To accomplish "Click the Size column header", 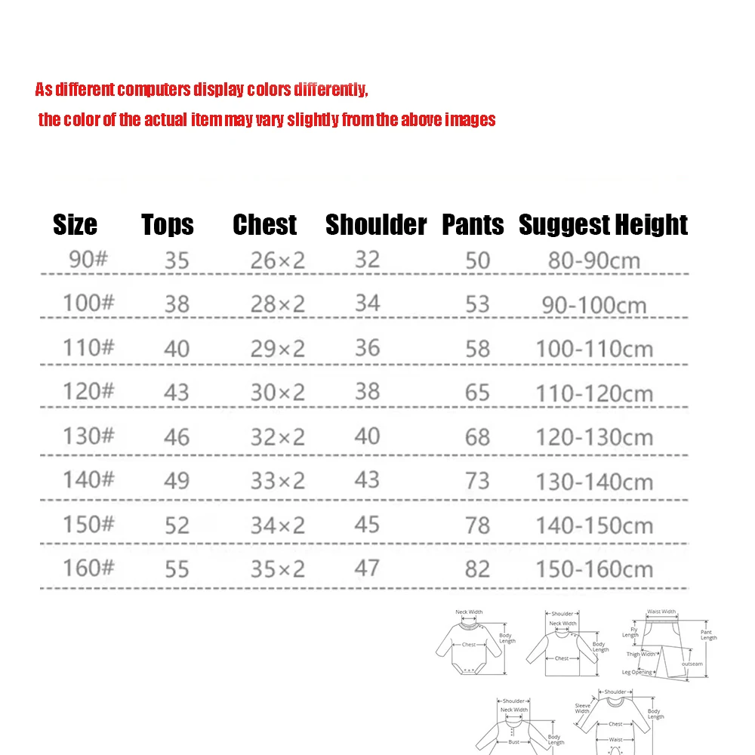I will tap(75, 225).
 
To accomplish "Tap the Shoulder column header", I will tap(376, 225).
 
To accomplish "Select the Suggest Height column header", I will tap(603, 225).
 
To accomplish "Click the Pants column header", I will tap(473, 225).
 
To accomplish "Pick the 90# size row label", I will tap(88, 260).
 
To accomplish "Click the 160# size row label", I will tap(88, 567).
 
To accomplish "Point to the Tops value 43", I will tap(177, 393).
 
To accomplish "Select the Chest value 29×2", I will tap(278, 348).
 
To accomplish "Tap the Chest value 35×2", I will tap(278, 569).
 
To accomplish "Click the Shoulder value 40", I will tap(367, 436).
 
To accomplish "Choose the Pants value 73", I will tap(477, 481).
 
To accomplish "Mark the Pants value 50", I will tap(477, 260).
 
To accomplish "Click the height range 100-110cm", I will tap(594, 350).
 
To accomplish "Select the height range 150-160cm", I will tap(594, 569).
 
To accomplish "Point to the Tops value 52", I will tap(177, 525).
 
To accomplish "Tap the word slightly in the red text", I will tap(313, 120).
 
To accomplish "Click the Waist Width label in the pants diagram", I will tap(661, 612).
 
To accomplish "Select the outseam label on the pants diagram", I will tap(692, 664).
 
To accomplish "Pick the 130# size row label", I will tap(88, 436).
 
